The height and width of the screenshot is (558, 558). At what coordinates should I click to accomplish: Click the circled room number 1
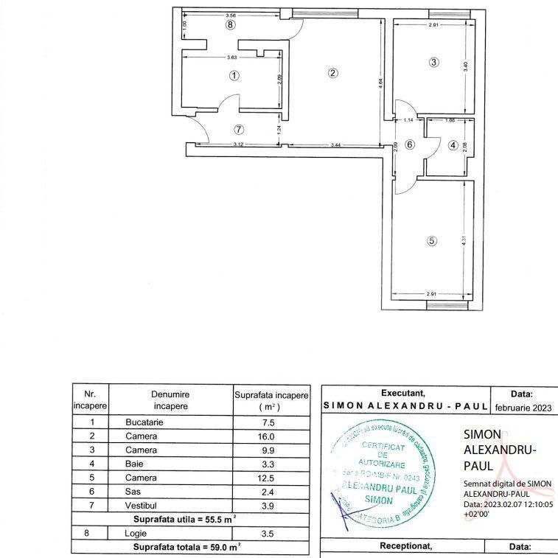234,75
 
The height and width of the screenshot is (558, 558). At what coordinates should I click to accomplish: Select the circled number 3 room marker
434,63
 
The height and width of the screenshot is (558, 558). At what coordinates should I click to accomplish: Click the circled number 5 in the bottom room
432,240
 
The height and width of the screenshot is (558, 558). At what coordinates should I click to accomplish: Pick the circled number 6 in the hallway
411,144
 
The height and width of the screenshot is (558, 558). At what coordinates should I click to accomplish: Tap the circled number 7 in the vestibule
238,129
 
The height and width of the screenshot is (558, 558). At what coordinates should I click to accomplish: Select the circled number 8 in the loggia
231,24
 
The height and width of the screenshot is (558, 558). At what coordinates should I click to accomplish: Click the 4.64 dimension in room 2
380,83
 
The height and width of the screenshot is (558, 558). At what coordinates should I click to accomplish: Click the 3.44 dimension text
335,145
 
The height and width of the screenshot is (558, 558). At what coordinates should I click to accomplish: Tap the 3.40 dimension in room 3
464,66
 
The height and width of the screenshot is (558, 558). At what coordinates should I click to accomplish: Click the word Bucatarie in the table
144,422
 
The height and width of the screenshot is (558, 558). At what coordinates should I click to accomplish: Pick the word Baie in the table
134,464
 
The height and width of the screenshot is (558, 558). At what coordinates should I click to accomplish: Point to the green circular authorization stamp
383,476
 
